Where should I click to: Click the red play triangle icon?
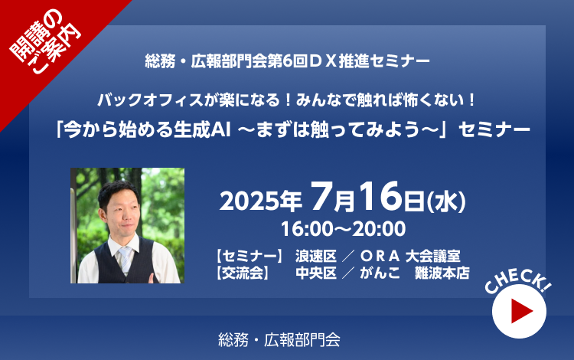[x=520, y=311]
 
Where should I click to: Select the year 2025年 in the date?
[x=261, y=201]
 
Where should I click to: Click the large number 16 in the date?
[x=380, y=196]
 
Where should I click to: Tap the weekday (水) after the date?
[x=447, y=201]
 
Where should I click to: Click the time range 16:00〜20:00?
[x=344, y=229]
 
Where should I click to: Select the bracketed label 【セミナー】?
[x=249, y=256]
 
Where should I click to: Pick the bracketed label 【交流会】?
[x=243, y=273]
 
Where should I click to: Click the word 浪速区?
[x=316, y=256]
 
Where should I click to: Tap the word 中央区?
[x=316, y=273]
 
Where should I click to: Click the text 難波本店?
[x=442, y=273]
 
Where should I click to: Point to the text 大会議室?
[x=432, y=256]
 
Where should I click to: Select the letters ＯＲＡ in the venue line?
[x=380, y=256]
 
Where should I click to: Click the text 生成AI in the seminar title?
[x=202, y=130]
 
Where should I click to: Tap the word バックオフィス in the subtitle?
[x=150, y=100]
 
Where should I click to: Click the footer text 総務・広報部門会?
[x=279, y=340]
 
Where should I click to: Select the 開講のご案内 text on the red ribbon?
[x=44, y=42]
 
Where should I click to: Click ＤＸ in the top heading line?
[x=322, y=61]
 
